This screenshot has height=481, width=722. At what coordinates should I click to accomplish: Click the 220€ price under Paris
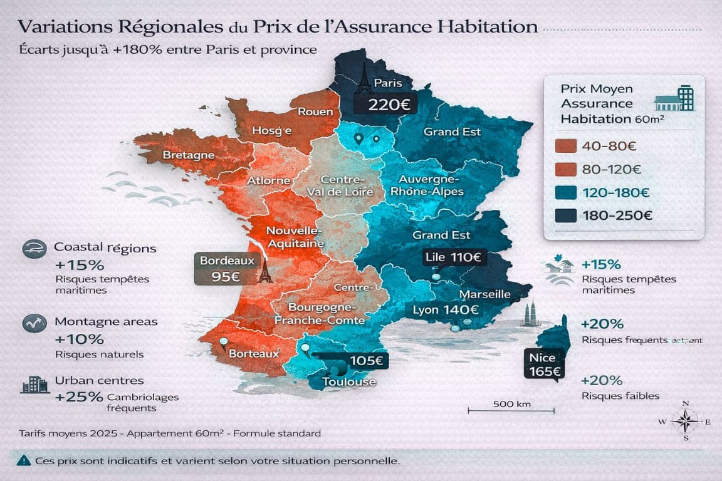coord(389,104)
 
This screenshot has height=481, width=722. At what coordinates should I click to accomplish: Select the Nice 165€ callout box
coord(543,365)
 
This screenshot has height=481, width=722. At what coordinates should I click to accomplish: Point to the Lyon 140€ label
coord(446,309)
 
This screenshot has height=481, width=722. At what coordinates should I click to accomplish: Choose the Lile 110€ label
coord(453,257)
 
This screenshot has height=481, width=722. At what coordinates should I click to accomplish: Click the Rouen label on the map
coord(315,111)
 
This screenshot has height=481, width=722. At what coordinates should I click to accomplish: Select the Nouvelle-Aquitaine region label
coord(295,236)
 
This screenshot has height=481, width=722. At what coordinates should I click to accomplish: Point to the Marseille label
coord(484,294)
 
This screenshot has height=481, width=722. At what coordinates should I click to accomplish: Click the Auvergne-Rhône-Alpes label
coord(427,185)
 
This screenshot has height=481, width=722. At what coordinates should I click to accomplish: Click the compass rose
coord(685,420)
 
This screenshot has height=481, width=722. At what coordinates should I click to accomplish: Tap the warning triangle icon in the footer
coord(23,460)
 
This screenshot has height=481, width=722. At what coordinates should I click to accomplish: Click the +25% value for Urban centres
coord(78,397)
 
